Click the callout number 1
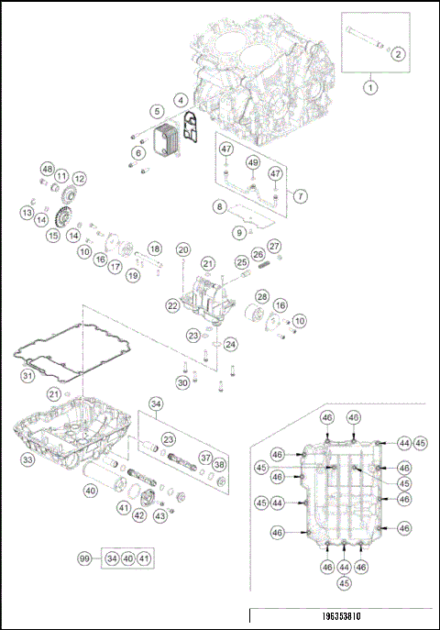(370, 88)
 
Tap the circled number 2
(397, 54)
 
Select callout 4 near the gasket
(181, 99)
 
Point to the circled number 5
(158, 111)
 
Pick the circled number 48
(47, 169)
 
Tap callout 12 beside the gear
(80, 178)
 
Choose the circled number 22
(171, 304)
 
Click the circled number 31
(28, 375)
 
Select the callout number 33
(28, 459)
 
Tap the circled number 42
(139, 515)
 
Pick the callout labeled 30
(182, 382)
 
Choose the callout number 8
(219, 207)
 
